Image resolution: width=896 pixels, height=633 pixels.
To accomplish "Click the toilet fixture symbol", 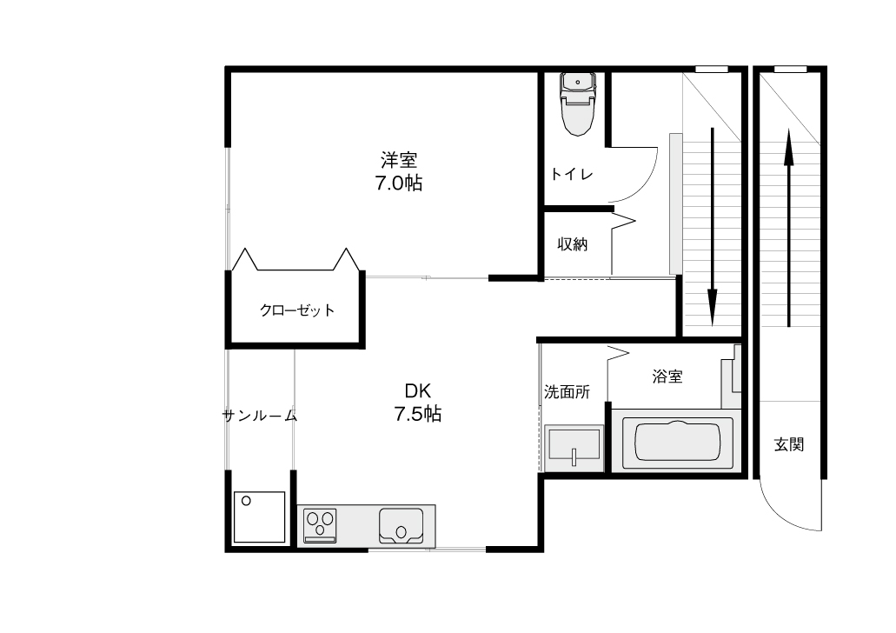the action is pos(578,103).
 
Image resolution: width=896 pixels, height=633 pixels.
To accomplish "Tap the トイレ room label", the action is pos(572,174).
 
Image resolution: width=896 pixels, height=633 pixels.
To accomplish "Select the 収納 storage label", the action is pos(573,244).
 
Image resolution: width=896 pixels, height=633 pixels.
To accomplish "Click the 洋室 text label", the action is pos(399,159).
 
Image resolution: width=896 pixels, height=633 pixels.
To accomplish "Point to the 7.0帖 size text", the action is pos(398,183).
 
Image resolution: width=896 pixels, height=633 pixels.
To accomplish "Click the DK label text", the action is pos(418,390).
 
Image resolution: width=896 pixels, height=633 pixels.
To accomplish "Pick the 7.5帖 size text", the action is pos(418,413).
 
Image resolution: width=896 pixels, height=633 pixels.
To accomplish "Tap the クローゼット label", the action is pos(297,310).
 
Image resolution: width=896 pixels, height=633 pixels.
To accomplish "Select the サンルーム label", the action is pos(260,416).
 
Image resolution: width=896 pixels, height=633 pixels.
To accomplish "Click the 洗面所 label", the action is pos(567,392).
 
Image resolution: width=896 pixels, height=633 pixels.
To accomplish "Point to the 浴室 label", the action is pos(667,376).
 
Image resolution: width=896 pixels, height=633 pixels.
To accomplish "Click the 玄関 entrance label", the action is pos(789,444).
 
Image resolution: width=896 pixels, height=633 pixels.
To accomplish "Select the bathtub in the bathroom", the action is pos(677,442).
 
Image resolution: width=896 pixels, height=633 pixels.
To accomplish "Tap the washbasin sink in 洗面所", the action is pos(574,449).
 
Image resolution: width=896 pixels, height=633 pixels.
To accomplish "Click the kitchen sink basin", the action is pos(402,526).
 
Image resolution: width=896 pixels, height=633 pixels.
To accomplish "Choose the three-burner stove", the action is pos(320,525).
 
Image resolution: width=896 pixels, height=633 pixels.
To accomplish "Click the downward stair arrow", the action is pos(713,227).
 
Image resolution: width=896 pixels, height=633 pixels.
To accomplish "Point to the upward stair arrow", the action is pos(789,227).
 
